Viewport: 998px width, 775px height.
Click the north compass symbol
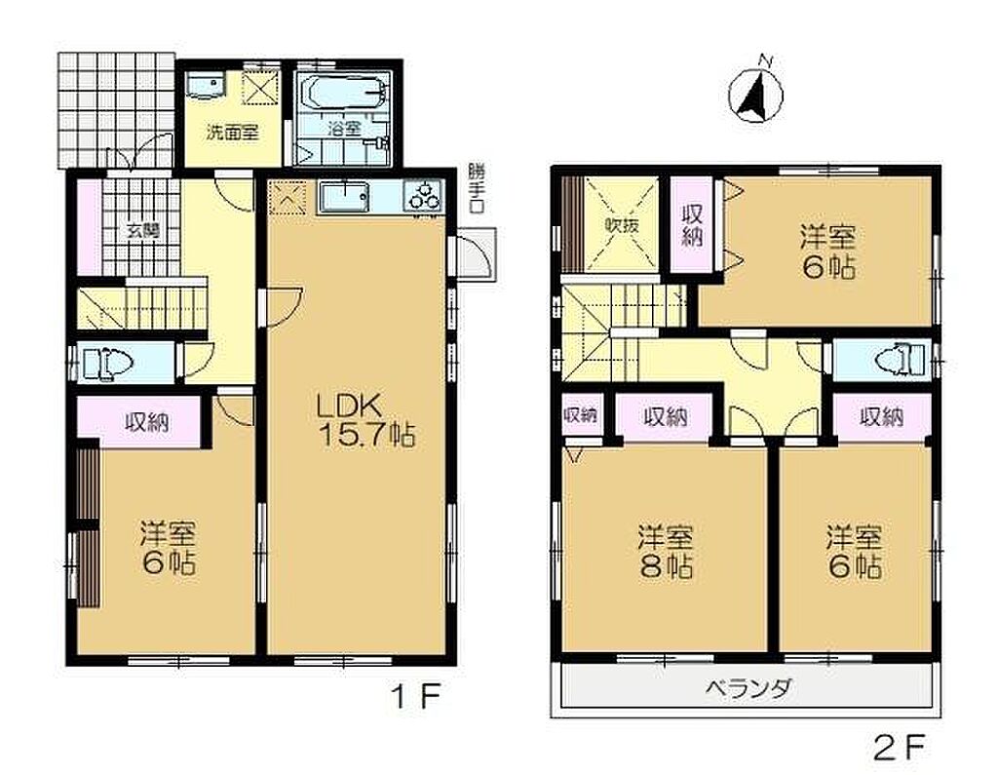tap(756, 95)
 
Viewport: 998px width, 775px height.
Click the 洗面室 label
tap(232, 134)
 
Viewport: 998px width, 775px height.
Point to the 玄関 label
tap(142, 230)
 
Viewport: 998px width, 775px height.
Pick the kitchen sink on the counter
tap(344, 197)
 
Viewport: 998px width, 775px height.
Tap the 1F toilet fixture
tap(107, 364)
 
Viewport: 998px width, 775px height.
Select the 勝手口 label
tap(475, 188)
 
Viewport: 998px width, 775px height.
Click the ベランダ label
tap(749, 688)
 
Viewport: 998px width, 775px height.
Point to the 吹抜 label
tap(621, 225)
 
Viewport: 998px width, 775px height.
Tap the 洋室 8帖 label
tap(666, 552)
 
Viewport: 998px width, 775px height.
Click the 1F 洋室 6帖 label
tap(168, 548)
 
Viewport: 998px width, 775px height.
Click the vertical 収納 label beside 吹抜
tap(693, 225)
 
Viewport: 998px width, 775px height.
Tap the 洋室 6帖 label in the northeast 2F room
tap(828, 252)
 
